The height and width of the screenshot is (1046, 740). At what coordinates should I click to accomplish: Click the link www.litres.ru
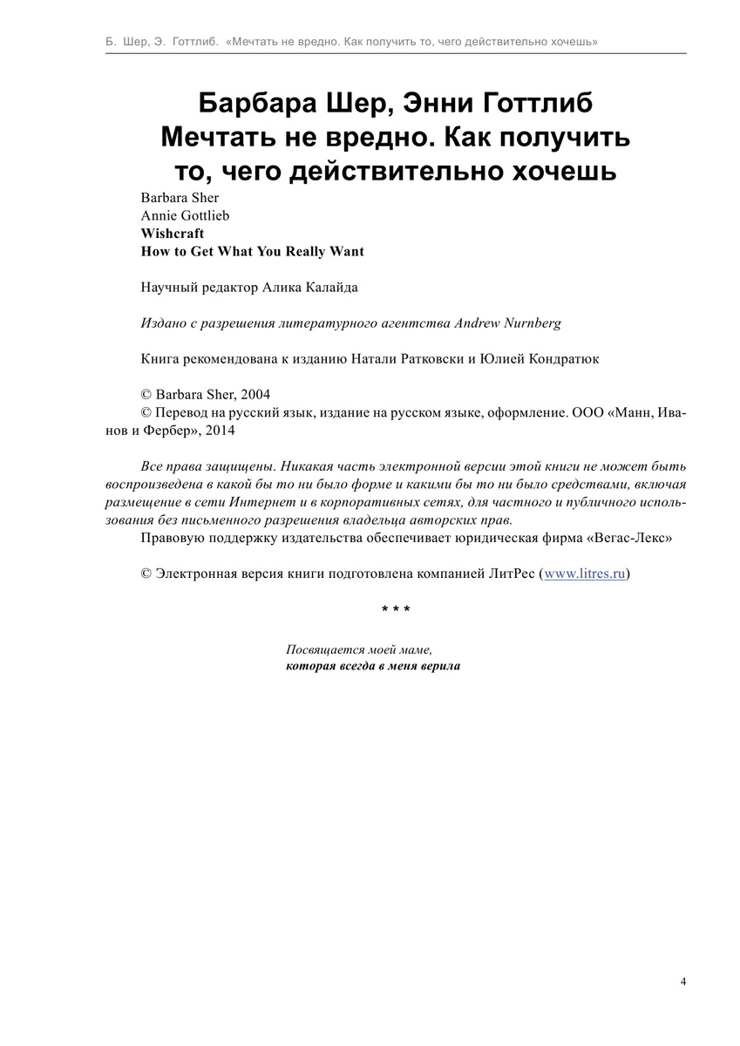click(585, 574)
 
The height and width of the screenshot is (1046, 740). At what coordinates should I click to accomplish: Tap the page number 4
click(683, 981)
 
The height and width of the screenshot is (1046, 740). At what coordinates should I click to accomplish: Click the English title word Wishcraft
click(173, 234)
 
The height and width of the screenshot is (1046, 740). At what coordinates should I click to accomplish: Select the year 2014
click(220, 430)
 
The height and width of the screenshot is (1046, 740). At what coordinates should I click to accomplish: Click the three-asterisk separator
click(396, 608)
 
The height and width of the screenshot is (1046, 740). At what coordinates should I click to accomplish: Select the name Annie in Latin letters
click(159, 215)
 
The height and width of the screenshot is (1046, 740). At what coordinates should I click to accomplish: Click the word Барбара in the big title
click(250, 103)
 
